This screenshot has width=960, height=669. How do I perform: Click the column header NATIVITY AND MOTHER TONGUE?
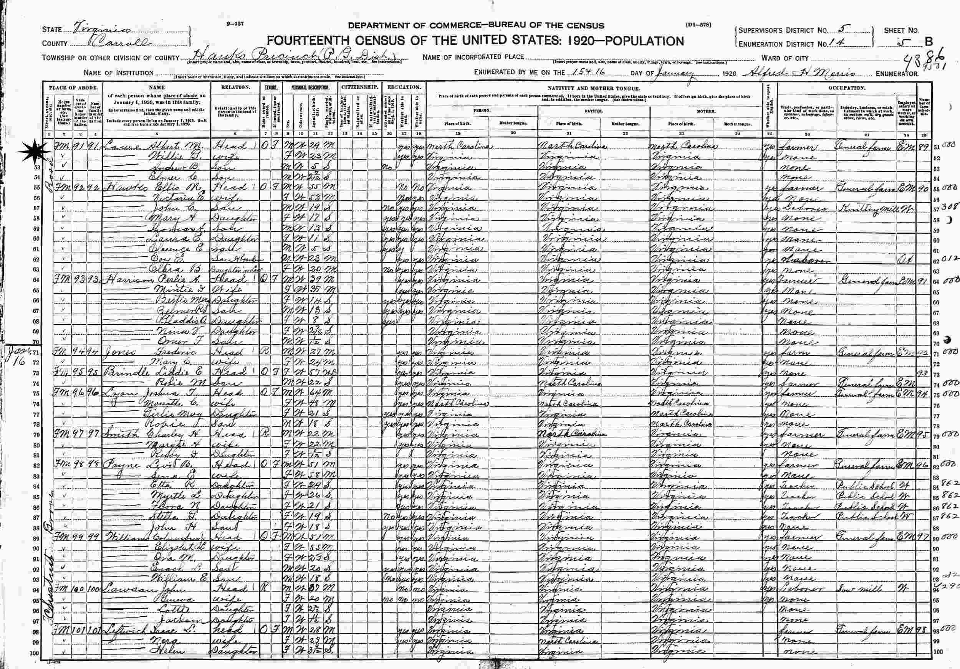pos(593,89)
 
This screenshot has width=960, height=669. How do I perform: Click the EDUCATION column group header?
pos(404,88)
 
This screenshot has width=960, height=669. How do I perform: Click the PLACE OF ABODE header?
pos(73,88)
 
